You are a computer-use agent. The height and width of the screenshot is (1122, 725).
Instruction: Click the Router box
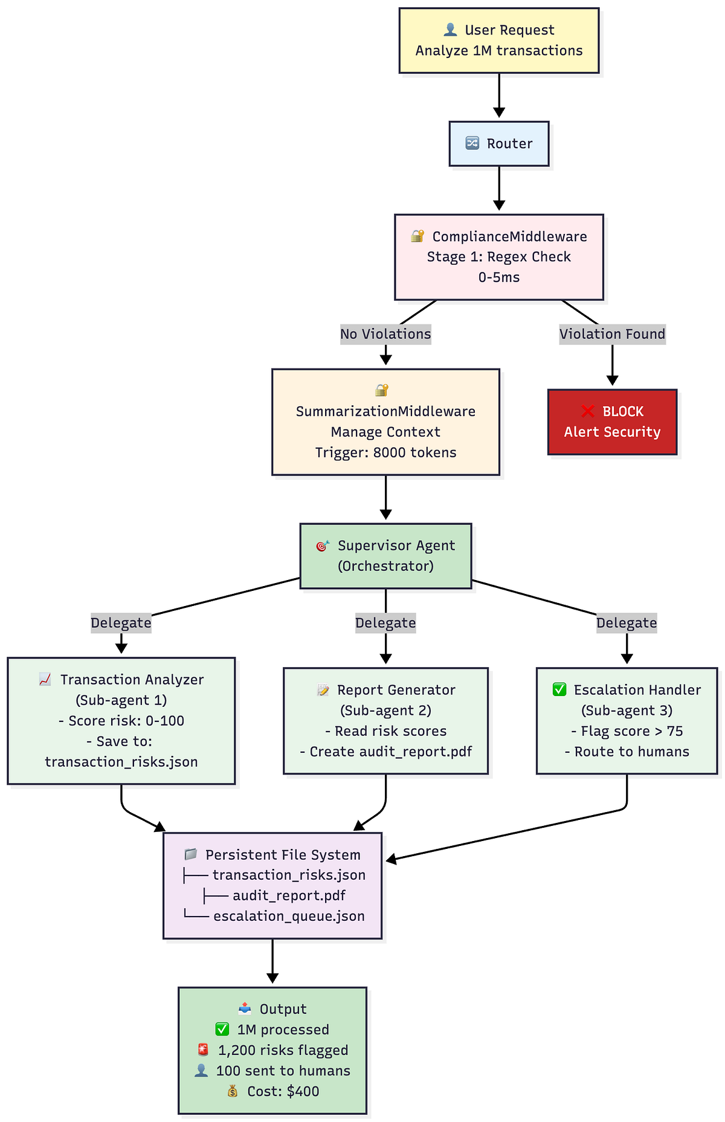(x=499, y=144)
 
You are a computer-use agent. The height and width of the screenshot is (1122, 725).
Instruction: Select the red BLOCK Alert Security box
(x=612, y=422)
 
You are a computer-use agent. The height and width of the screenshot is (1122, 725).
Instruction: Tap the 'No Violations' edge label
(x=385, y=334)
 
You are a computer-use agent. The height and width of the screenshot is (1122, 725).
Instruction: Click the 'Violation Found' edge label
(x=612, y=334)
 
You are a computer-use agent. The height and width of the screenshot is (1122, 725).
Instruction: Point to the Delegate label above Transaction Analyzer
(x=121, y=623)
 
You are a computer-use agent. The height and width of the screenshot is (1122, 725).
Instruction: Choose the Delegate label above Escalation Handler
(x=627, y=623)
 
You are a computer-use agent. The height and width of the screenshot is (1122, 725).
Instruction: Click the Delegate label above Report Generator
(x=385, y=623)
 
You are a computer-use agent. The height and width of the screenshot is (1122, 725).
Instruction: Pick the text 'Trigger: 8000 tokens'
(x=385, y=453)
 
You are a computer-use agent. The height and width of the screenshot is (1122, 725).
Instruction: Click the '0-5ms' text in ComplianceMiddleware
(x=499, y=277)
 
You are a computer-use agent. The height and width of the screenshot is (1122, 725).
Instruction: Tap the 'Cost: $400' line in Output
(x=283, y=1091)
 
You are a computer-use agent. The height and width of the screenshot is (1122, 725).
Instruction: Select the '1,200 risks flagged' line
(x=283, y=1050)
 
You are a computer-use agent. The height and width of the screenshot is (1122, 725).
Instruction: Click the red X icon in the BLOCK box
(x=587, y=411)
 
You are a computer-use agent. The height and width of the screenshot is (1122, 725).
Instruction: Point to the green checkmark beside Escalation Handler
(x=559, y=689)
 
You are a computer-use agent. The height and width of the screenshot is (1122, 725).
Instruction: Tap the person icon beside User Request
(x=450, y=30)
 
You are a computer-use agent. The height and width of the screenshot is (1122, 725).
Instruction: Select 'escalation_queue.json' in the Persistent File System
(x=289, y=916)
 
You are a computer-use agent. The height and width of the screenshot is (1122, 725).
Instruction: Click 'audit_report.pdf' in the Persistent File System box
(x=289, y=895)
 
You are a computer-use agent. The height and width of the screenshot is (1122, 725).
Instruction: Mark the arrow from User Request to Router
(x=499, y=95)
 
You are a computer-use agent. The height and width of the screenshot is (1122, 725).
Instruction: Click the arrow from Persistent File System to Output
(x=272, y=961)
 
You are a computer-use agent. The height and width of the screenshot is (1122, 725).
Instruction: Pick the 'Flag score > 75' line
(x=627, y=731)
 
